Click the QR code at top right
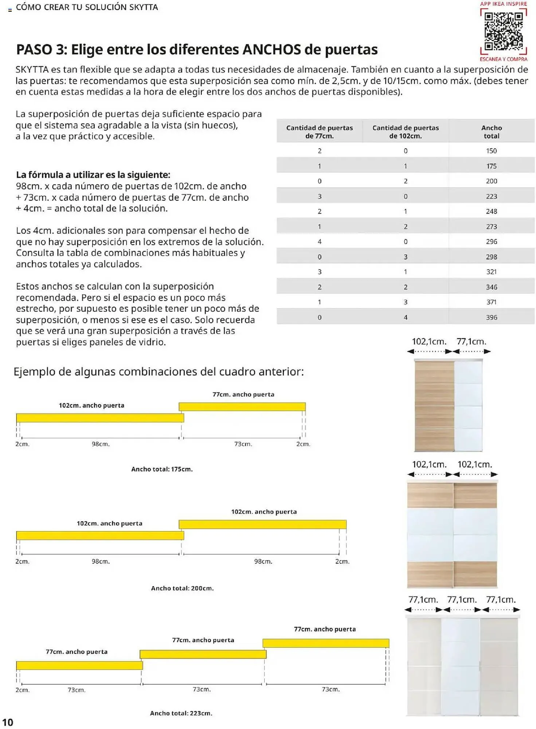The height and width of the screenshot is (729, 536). coord(504,31)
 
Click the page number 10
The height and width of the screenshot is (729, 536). coord(8,722)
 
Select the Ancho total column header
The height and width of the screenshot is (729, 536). coord(491,132)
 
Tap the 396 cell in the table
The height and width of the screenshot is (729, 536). coord(491,317)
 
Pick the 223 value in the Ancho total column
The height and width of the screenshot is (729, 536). coord(491,196)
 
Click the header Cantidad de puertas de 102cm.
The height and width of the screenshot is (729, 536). coord(405,132)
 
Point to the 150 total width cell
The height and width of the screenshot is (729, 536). coord(491,151)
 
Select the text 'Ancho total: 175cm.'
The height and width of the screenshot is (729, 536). coord(162,469)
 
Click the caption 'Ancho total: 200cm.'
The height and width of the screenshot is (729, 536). coord(182,588)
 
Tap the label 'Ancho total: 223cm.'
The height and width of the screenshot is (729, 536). coord(181,713)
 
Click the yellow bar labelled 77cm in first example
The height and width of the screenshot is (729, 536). coord(242,406)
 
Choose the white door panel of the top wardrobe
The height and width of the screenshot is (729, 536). coord(468,405)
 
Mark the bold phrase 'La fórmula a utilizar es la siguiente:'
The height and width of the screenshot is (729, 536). coord(93,175)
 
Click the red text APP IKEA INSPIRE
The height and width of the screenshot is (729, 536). coord(503,4)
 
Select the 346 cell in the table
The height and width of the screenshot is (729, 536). coord(491,287)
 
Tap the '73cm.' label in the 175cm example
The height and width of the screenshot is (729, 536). coord(243,444)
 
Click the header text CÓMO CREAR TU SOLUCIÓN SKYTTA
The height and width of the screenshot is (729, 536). coord(87,7)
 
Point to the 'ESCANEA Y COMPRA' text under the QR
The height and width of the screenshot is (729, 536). coord(503,59)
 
